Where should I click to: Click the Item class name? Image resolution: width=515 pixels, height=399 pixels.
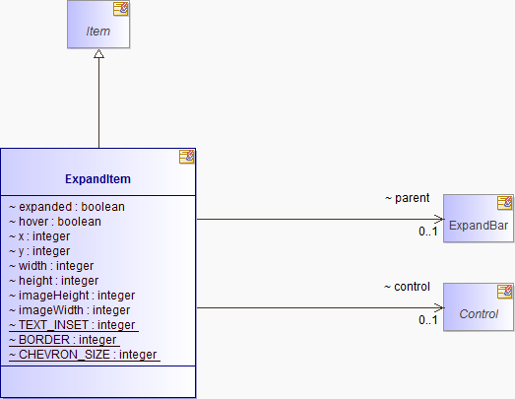point(97,32)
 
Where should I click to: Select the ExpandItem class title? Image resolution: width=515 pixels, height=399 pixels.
point(97,179)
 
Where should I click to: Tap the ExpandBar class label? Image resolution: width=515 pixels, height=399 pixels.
point(479,226)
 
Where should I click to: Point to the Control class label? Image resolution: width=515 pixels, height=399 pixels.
point(479,314)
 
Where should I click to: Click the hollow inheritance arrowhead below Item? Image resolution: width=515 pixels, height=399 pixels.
point(98,54)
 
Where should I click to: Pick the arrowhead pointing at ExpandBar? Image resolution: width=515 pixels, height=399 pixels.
point(439,219)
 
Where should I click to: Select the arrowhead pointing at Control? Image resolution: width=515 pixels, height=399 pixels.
point(439,308)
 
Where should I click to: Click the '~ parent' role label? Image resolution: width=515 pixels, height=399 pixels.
point(407,198)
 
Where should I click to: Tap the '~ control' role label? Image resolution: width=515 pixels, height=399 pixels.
point(407,287)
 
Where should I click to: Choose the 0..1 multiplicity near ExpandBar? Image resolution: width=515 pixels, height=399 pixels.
point(428,232)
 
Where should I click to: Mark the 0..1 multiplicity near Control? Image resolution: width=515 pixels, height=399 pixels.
point(428,320)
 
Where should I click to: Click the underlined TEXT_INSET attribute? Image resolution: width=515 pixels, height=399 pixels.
point(74,325)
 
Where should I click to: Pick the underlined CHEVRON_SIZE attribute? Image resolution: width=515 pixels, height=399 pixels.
point(85,355)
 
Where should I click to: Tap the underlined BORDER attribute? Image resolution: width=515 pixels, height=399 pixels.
point(64,340)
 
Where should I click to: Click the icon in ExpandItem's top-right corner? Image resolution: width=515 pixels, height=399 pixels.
point(186,157)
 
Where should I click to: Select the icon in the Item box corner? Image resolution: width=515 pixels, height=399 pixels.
point(121,9)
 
